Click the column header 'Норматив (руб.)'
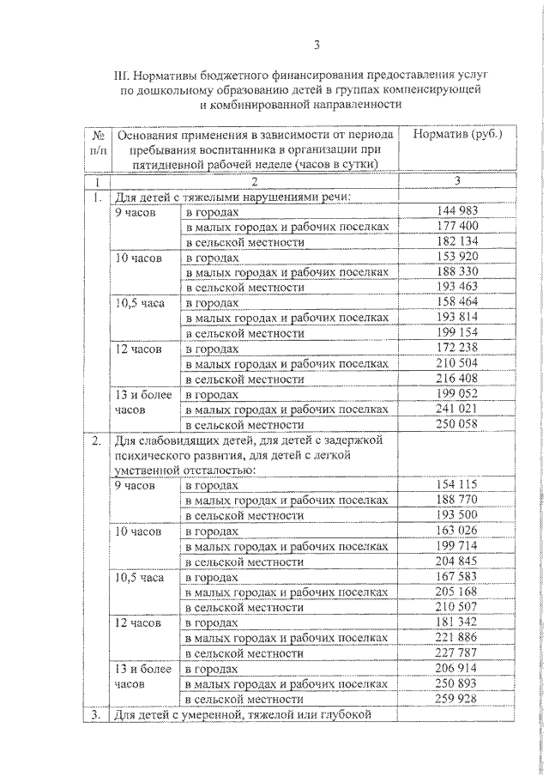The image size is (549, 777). (x=457, y=135)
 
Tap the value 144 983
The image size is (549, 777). (x=455, y=211)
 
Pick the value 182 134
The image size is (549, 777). (x=455, y=242)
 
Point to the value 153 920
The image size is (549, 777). (x=455, y=258)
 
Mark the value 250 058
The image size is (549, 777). (x=455, y=425)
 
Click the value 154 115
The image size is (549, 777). (x=455, y=485)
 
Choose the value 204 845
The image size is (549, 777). (x=455, y=562)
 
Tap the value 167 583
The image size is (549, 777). (x=455, y=577)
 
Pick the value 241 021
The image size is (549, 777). (x=455, y=410)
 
